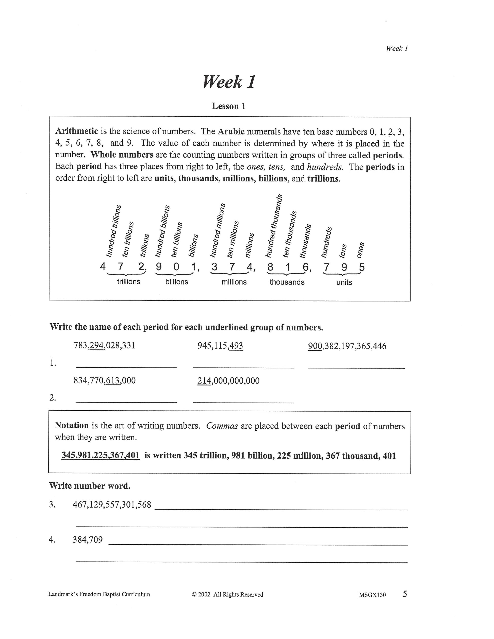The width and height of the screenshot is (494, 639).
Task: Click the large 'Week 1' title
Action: [x=229, y=82]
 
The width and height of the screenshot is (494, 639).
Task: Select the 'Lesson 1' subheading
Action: [x=228, y=106]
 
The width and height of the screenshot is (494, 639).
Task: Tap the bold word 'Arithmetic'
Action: [x=77, y=131]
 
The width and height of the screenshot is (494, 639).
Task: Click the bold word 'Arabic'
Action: [x=231, y=131]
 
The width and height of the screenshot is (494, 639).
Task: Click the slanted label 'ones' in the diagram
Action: [x=360, y=250]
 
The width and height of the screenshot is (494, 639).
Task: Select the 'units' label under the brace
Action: [x=344, y=282]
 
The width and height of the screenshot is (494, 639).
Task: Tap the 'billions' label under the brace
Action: [x=176, y=282]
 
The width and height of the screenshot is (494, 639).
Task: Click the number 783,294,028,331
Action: [x=105, y=346]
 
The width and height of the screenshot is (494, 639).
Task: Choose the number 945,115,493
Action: [x=220, y=346]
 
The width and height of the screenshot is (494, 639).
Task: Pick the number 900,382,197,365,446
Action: [x=347, y=346]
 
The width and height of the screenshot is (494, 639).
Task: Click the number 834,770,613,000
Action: [x=105, y=381]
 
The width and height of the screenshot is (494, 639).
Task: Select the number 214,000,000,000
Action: [x=228, y=381]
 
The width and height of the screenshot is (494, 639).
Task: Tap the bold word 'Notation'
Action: [x=72, y=425]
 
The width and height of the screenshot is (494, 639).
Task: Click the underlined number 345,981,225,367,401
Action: [x=100, y=456]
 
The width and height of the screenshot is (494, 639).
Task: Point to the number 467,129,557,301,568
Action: [x=112, y=505]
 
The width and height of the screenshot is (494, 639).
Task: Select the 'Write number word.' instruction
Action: [x=90, y=486]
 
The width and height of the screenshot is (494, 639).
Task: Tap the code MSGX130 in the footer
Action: [x=372, y=595]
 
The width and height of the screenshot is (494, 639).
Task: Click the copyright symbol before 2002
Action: [x=194, y=595]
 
